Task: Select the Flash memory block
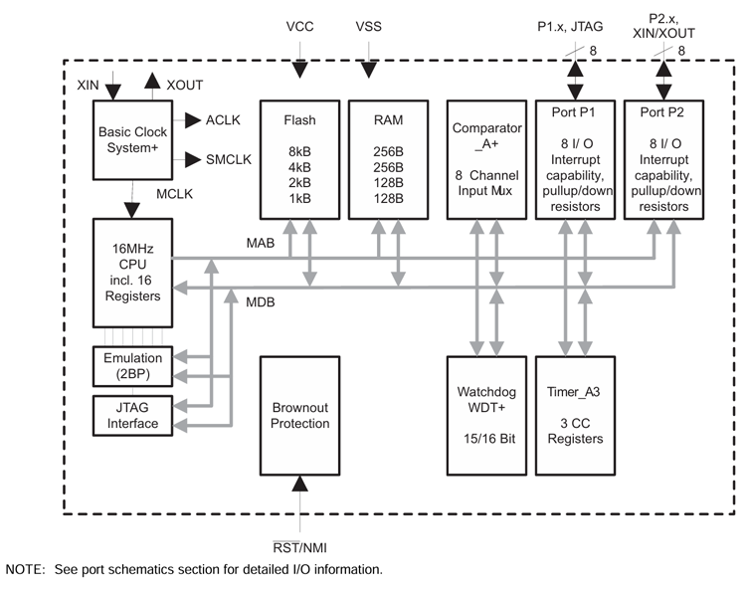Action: (299, 158)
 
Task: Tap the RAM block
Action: (389, 158)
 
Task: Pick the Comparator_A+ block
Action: (486, 158)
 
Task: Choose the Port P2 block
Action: (664, 158)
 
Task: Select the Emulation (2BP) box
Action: (132, 366)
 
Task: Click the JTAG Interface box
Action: (132, 415)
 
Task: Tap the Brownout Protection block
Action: (299, 415)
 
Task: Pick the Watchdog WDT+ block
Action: (486, 415)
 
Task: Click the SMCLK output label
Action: (228, 158)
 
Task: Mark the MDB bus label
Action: (262, 300)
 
